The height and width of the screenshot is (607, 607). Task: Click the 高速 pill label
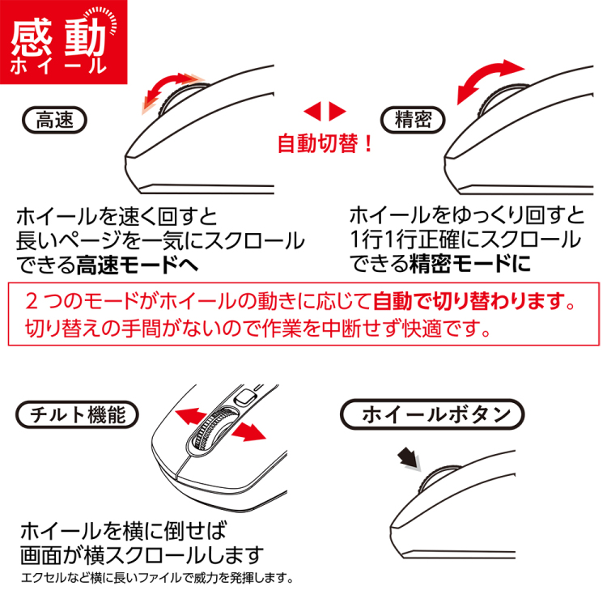pyautogui.click(x=56, y=121)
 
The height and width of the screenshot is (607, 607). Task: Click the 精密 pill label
pyautogui.click(x=412, y=121)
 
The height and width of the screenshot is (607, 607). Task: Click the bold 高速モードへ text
pyautogui.click(x=138, y=264)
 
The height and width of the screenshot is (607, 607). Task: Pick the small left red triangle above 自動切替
pyautogui.click(x=312, y=111)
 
